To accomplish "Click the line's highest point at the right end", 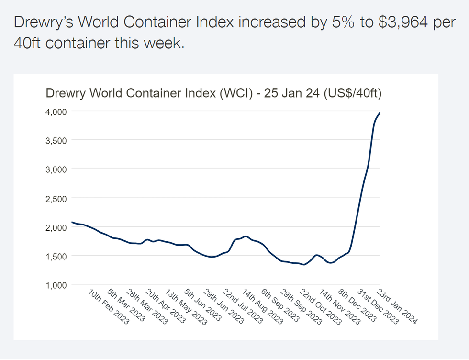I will (379, 113).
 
